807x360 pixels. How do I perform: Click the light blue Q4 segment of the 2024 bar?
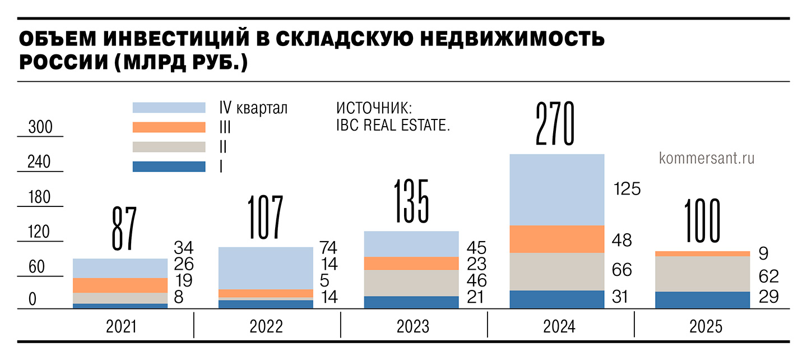pyautogui.click(x=557, y=190)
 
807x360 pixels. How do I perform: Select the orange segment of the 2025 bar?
pyautogui.click(x=702, y=253)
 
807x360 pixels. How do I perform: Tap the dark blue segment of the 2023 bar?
pyautogui.click(x=411, y=302)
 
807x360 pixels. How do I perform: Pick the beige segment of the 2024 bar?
pyautogui.click(x=557, y=271)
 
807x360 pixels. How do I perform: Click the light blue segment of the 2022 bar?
pyautogui.click(x=266, y=268)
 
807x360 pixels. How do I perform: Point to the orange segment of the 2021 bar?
pyautogui.click(x=120, y=285)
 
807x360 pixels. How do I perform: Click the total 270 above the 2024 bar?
pyautogui.click(x=555, y=124)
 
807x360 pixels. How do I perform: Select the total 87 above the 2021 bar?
pyautogui.click(x=124, y=228)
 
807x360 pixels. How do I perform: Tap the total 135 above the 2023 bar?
pyautogui.click(x=411, y=201)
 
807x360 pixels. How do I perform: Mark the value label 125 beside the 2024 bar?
pyautogui.click(x=627, y=189)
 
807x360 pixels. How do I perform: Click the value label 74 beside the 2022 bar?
pyautogui.click(x=328, y=247)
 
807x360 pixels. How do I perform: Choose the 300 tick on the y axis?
pyautogui.click(x=40, y=128)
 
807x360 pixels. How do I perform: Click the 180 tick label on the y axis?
pyautogui.click(x=39, y=197)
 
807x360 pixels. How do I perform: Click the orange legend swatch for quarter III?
pyautogui.click(x=169, y=127)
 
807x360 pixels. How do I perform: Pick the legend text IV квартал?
pyautogui.click(x=253, y=108)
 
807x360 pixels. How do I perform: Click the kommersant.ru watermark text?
pyautogui.click(x=707, y=159)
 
